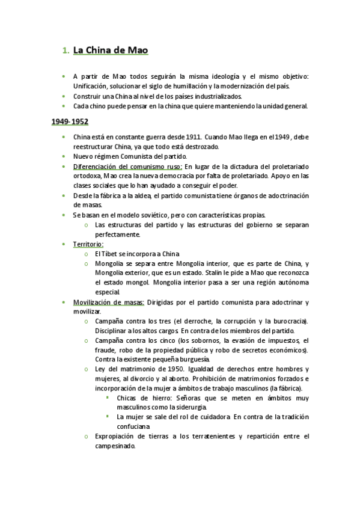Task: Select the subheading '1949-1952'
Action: tap(69, 121)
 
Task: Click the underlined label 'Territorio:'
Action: tap(88, 244)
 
